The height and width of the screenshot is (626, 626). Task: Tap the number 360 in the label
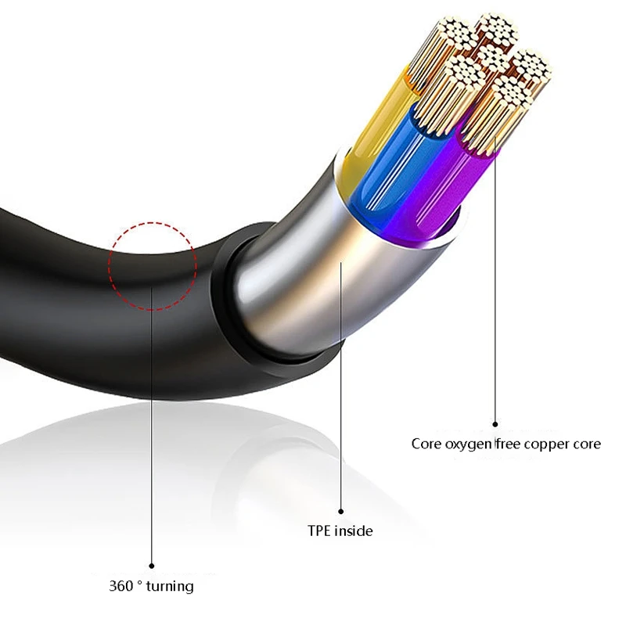coord(121,585)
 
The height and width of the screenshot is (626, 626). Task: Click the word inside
coord(354,531)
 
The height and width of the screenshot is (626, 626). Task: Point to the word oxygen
coord(467,444)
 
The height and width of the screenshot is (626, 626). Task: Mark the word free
coord(509,444)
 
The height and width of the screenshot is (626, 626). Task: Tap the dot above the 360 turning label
coord(151,564)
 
